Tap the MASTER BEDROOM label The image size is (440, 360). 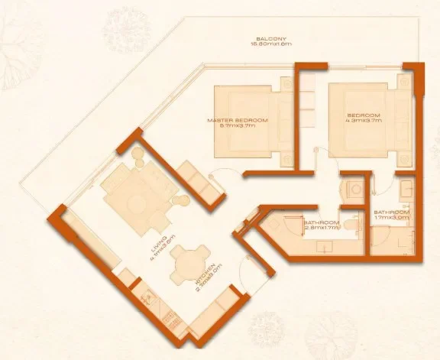238,121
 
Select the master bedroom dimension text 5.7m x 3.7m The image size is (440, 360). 238,128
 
